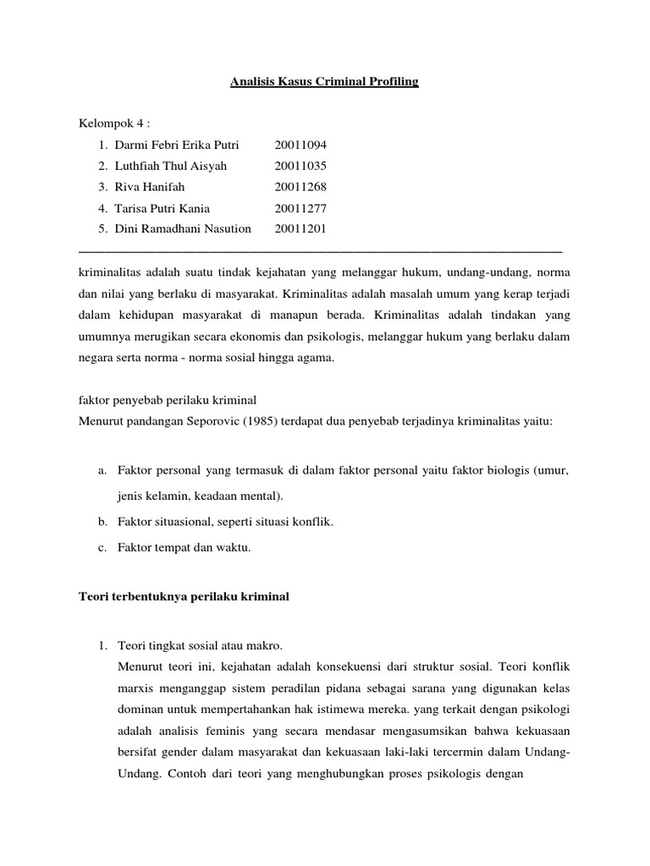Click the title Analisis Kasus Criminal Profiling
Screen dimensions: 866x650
[x=325, y=82]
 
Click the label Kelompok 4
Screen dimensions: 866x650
[x=113, y=124]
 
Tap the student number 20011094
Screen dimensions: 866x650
[x=300, y=145]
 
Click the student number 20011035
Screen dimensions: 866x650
[x=300, y=166]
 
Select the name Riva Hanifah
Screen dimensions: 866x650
[x=151, y=187]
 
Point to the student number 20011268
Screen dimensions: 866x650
[x=300, y=187]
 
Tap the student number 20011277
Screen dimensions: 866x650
[x=300, y=208]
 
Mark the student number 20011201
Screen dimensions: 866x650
[x=300, y=228]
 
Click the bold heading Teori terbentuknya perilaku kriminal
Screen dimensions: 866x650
[x=184, y=597]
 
